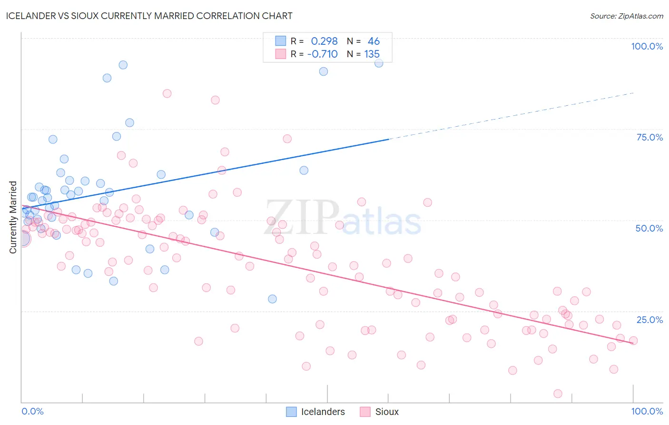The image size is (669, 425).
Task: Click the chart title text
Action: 149,16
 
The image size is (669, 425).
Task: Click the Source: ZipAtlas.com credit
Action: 626,16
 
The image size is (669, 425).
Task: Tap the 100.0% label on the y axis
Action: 647,46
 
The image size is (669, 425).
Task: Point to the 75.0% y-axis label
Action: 649,137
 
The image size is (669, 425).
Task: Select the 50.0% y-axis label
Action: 649,228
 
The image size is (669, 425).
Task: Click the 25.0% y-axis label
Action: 649,319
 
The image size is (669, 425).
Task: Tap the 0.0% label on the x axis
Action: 32,411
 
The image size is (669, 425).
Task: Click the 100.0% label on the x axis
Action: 647,411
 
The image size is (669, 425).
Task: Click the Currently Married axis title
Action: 13,217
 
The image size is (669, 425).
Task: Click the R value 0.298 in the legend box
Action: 324,41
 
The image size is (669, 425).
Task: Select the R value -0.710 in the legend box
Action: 322,54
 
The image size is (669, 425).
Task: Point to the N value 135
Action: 372,54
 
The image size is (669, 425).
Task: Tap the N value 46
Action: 374,41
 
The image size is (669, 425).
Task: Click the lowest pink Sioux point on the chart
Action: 558,394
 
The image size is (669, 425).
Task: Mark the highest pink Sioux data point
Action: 167,93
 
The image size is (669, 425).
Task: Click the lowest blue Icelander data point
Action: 272,299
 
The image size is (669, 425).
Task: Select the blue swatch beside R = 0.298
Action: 281,41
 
